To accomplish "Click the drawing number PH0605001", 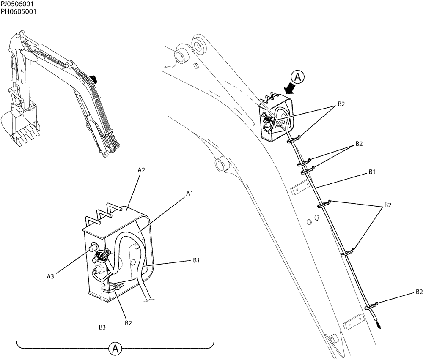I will click(18, 12).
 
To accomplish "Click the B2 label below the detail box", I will click(129, 323).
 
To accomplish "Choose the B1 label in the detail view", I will click(196, 261).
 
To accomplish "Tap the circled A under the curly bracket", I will click(114, 349).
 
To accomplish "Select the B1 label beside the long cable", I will click(372, 172).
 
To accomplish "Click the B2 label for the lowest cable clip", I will click(419, 292).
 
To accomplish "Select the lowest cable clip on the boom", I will click(370, 305).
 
